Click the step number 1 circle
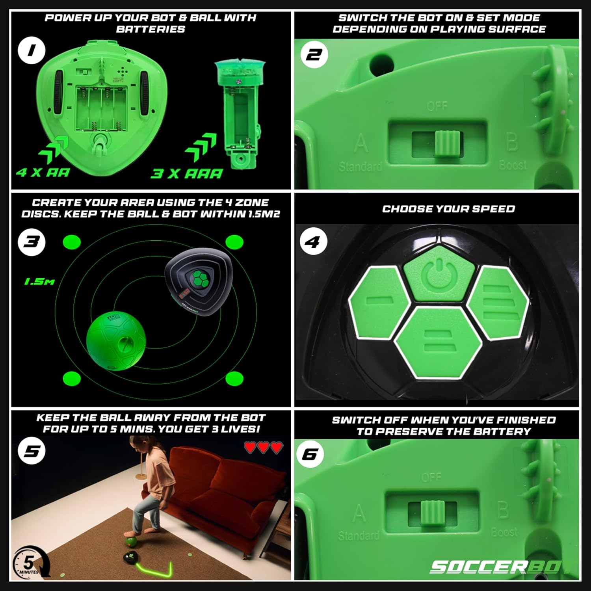coord(32,50)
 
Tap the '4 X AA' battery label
coord(43,173)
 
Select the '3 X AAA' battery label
coord(187,173)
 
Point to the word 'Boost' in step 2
coord(512,165)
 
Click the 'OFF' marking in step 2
coord(437,106)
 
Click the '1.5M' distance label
coord(39,281)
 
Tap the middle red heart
coord(263,447)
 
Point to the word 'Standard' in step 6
coord(358,535)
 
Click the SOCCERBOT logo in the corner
coord(500,567)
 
